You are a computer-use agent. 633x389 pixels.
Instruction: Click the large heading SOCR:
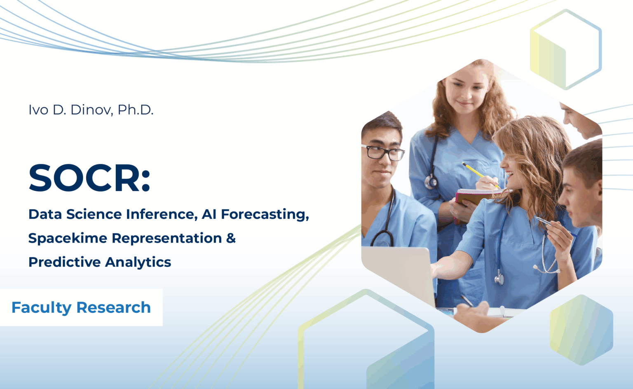89,178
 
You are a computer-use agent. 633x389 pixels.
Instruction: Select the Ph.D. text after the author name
136,110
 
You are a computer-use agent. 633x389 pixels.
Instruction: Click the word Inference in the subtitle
162,214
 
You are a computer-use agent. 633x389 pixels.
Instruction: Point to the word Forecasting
265,215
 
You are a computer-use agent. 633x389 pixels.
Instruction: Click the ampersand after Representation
231,238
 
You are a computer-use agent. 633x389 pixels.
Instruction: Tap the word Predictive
65,262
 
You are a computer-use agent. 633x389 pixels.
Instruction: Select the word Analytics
138,262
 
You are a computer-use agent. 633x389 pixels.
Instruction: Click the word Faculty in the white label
42,308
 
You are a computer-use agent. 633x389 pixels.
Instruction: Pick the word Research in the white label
114,307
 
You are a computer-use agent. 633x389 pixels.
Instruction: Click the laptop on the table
399,275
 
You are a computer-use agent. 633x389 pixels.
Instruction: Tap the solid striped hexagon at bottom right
581,330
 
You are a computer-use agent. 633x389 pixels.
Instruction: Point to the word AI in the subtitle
209,214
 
